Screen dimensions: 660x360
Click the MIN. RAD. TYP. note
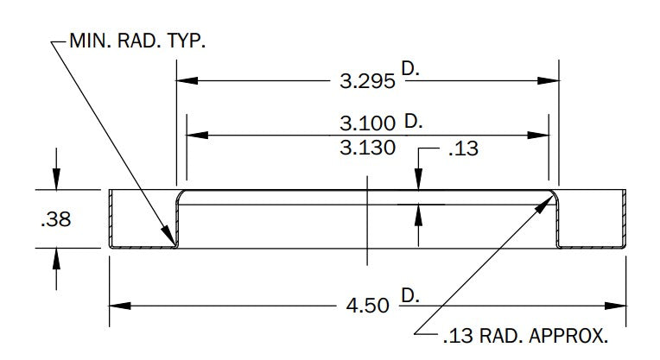(x=137, y=41)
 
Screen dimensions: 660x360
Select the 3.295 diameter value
(x=367, y=81)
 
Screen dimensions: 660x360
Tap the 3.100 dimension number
(x=367, y=123)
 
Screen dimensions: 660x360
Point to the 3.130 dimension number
(x=367, y=148)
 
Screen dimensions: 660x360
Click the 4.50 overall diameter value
(x=367, y=306)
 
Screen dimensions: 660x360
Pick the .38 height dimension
(x=56, y=219)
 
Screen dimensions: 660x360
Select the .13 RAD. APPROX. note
(x=526, y=336)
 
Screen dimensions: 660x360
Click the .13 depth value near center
(x=463, y=148)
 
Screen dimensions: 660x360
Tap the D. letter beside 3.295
(x=410, y=68)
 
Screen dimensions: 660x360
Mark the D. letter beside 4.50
(x=410, y=295)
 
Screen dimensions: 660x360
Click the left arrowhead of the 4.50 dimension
(x=120, y=306)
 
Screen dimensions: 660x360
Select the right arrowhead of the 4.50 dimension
(x=615, y=306)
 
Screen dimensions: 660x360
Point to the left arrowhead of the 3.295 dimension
(x=187, y=81)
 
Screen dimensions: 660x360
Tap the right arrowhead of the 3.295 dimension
(x=549, y=81)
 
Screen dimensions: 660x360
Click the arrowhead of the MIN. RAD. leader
(x=168, y=236)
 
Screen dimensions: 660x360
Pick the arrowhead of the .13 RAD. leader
(x=545, y=204)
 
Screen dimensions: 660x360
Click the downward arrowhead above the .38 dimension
(x=56, y=180)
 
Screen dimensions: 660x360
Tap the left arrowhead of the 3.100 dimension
(x=198, y=135)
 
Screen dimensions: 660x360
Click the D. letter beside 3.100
(x=413, y=122)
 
